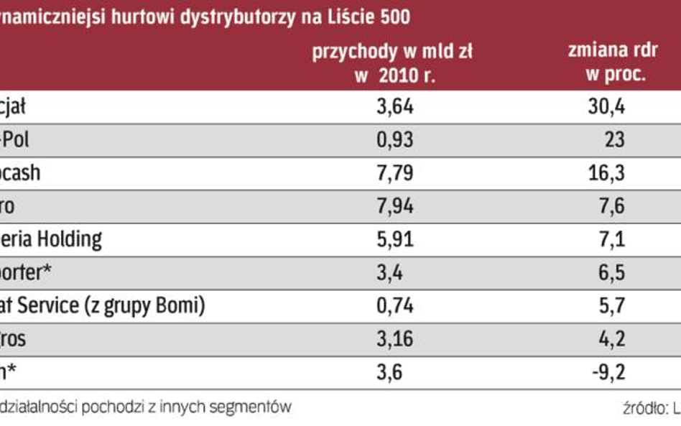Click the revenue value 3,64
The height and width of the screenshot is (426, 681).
(x=395, y=108)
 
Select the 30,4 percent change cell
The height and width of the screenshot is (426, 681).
(x=607, y=108)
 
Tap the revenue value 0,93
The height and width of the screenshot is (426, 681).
(x=395, y=139)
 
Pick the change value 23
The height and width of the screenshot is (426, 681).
(x=614, y=139)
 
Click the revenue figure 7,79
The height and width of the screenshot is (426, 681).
(x=395, y=173)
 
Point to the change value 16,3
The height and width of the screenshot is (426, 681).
(x=607, y=173)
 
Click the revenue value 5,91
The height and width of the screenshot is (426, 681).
(x=395, y=239)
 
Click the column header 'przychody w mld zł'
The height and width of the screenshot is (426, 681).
(x=392, y=52)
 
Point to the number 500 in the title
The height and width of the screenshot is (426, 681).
(x=394, y=17)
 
